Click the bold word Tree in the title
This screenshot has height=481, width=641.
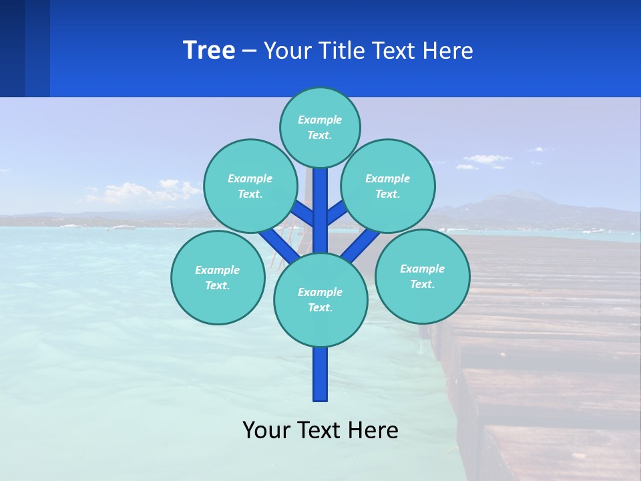pyautogui.click(x=209, y=51)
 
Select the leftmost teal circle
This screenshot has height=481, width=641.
pyautogui.click(x=218, y=277)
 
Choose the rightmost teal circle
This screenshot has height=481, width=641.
pyautogui.click(x=423, y=276)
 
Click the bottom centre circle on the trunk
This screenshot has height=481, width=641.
pyautogui.click(x=320, y=299)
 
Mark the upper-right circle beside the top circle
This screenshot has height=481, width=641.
pyautogui.click(x=388, y=186)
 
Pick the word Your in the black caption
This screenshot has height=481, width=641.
pyautogui.click(x=266, y=430)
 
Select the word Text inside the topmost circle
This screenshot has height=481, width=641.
pyautogui.click(x=319, y=135)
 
